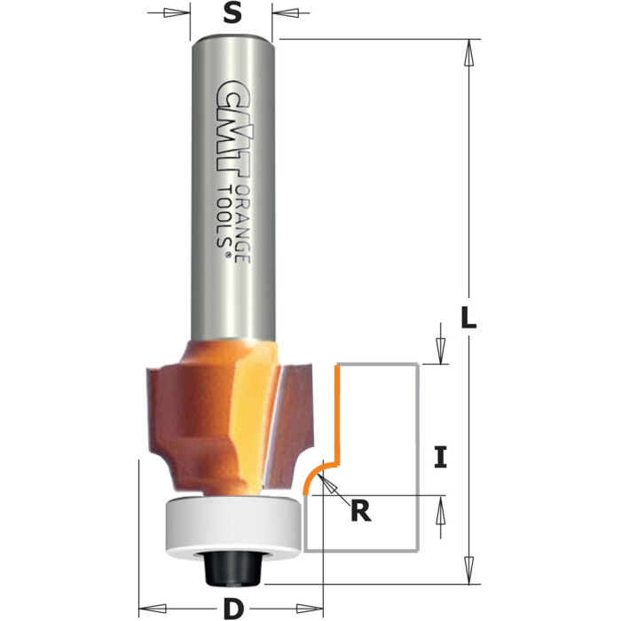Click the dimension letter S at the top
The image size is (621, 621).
(x=232, y=14)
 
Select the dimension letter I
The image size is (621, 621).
(x=441, y=458)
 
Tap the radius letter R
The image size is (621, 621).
(x=359, y=513)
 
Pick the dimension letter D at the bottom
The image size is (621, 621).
(x=232, y=609)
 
